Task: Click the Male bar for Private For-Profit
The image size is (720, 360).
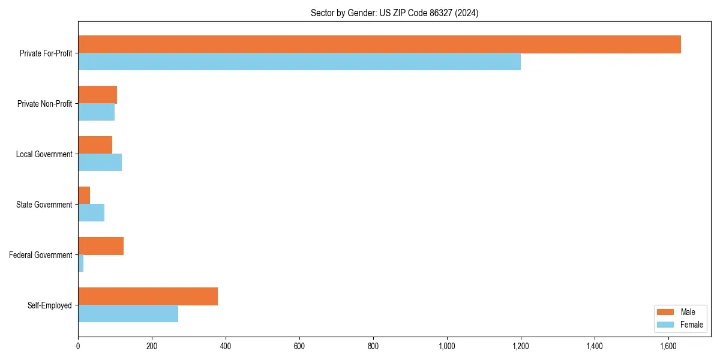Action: pos(379,44)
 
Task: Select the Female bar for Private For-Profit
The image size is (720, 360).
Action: pos(299,62)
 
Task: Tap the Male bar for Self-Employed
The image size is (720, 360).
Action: pos(148,296)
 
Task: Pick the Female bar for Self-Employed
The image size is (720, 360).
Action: pos(128,314)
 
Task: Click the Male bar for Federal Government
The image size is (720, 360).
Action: pos(101,246)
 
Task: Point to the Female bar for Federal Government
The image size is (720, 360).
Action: pos(81,263)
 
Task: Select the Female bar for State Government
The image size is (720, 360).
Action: pos(91,213)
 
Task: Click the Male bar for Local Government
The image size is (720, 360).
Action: pos(95,145)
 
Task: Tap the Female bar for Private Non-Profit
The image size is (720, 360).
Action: pos(96,112)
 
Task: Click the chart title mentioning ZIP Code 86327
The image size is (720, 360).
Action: pos(394,13)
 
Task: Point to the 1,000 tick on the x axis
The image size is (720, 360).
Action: pos(447,346)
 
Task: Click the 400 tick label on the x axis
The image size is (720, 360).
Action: pos(226,346)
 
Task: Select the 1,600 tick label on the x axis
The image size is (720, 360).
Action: pos(668,346)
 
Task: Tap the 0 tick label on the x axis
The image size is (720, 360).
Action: pos(78,346)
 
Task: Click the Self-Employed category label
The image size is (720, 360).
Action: pos(50,305)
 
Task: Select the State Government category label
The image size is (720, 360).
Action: pos(44,205)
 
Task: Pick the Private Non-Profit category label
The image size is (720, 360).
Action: pos(44,104)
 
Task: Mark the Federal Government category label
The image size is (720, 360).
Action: pos(41,255)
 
